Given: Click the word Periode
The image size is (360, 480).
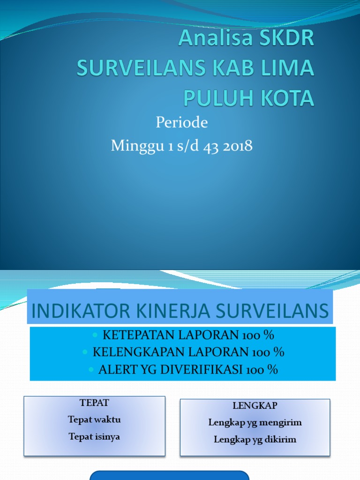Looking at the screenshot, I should click(x=181, y=123).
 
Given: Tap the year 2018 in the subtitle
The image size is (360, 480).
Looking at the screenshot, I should click(x=238, y=146).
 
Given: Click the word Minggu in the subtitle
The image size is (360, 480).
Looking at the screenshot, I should click(x=132, y=146).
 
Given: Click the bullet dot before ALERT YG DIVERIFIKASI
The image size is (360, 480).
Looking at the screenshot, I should click(x=91, y=370).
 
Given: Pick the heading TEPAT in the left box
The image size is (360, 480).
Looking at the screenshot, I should click(x=94, y=403).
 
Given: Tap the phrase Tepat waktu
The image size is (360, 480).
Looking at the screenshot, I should click(x=94, y=420).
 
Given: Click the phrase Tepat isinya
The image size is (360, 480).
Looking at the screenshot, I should click(x=94, y=436).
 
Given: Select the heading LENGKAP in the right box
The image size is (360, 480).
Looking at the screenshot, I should click(x=255, y=405).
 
